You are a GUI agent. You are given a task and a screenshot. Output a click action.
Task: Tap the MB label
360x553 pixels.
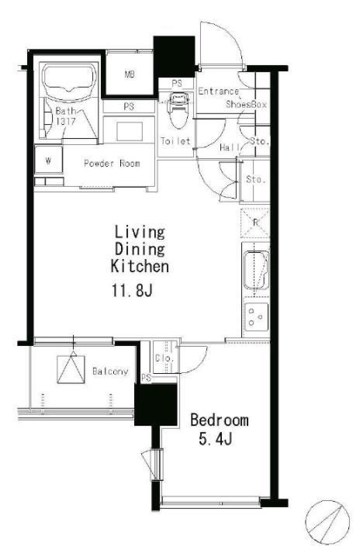(x=130, y=74)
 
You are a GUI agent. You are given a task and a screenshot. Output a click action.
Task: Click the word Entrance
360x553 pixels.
(x=219, y=92)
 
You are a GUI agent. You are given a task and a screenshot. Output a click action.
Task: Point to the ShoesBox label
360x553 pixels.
(x=246, y=105)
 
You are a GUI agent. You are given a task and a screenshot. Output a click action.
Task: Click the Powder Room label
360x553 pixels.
(x=112, y=164)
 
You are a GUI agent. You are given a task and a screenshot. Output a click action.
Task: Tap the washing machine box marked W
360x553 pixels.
(x=49, y=161)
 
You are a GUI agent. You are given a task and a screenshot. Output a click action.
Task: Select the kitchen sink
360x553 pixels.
(x=256, y=270)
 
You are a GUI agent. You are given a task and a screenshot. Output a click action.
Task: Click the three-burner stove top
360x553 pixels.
(x=256, y=316)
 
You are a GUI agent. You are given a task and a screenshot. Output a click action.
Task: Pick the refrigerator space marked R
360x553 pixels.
(x=255, y=223)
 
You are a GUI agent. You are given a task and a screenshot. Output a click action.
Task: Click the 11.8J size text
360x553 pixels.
(x=132, y=290)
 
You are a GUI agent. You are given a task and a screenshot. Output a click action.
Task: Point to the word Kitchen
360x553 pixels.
(x=140, y=266)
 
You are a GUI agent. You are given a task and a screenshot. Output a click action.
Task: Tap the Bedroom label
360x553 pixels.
(x=219, y=420)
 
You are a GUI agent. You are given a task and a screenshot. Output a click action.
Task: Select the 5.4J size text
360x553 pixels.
(x=215, y=439)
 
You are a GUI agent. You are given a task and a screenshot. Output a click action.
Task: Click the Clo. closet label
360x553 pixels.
(x=164, y=358)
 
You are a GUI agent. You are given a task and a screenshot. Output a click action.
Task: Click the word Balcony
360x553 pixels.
(x=110, y=371)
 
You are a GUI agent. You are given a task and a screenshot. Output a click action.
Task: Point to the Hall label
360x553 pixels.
(x=230, y=147)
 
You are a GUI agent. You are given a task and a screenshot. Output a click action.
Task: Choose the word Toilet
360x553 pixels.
(x=175, y=141)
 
